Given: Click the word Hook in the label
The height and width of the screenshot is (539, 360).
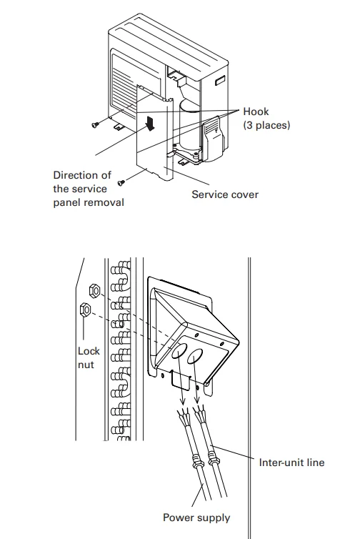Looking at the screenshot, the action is [x=256, y=112].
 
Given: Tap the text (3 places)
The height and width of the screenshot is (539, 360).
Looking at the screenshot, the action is [x=266, y=125].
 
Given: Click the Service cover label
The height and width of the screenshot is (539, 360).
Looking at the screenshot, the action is [x=225, y=194].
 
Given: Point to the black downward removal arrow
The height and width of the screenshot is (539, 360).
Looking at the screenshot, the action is [x=150, y=123].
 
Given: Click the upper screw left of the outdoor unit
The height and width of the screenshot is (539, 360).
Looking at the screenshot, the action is [x=96, y=124].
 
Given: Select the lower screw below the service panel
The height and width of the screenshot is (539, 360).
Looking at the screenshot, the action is [x=121, y=182].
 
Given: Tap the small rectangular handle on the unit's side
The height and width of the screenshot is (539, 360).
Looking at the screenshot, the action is [x=220, y=81].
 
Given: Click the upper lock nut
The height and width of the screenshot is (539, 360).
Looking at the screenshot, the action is [x=94, y=291].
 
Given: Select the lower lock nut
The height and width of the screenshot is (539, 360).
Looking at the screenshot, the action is [x=85, y=310].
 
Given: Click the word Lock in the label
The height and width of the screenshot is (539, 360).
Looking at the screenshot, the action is [x=89, y=351].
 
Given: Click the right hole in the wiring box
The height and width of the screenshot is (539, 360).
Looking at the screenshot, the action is [x=195, y=356].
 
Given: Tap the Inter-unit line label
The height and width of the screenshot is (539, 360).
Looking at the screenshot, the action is [x=291, y=463].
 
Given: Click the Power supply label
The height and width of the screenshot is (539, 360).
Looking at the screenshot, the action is [x=196, y=518].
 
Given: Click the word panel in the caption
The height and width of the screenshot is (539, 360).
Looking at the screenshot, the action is [x=66, y=202].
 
